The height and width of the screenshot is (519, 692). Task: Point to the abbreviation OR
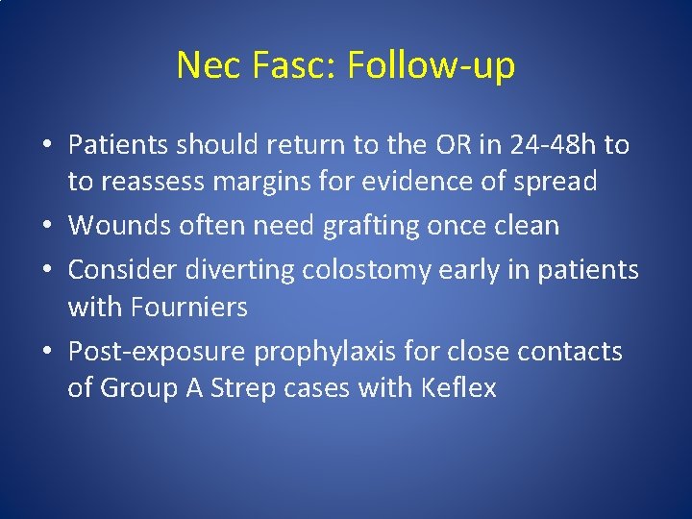[432, 145]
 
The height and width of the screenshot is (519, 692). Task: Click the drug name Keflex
[458, 388]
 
